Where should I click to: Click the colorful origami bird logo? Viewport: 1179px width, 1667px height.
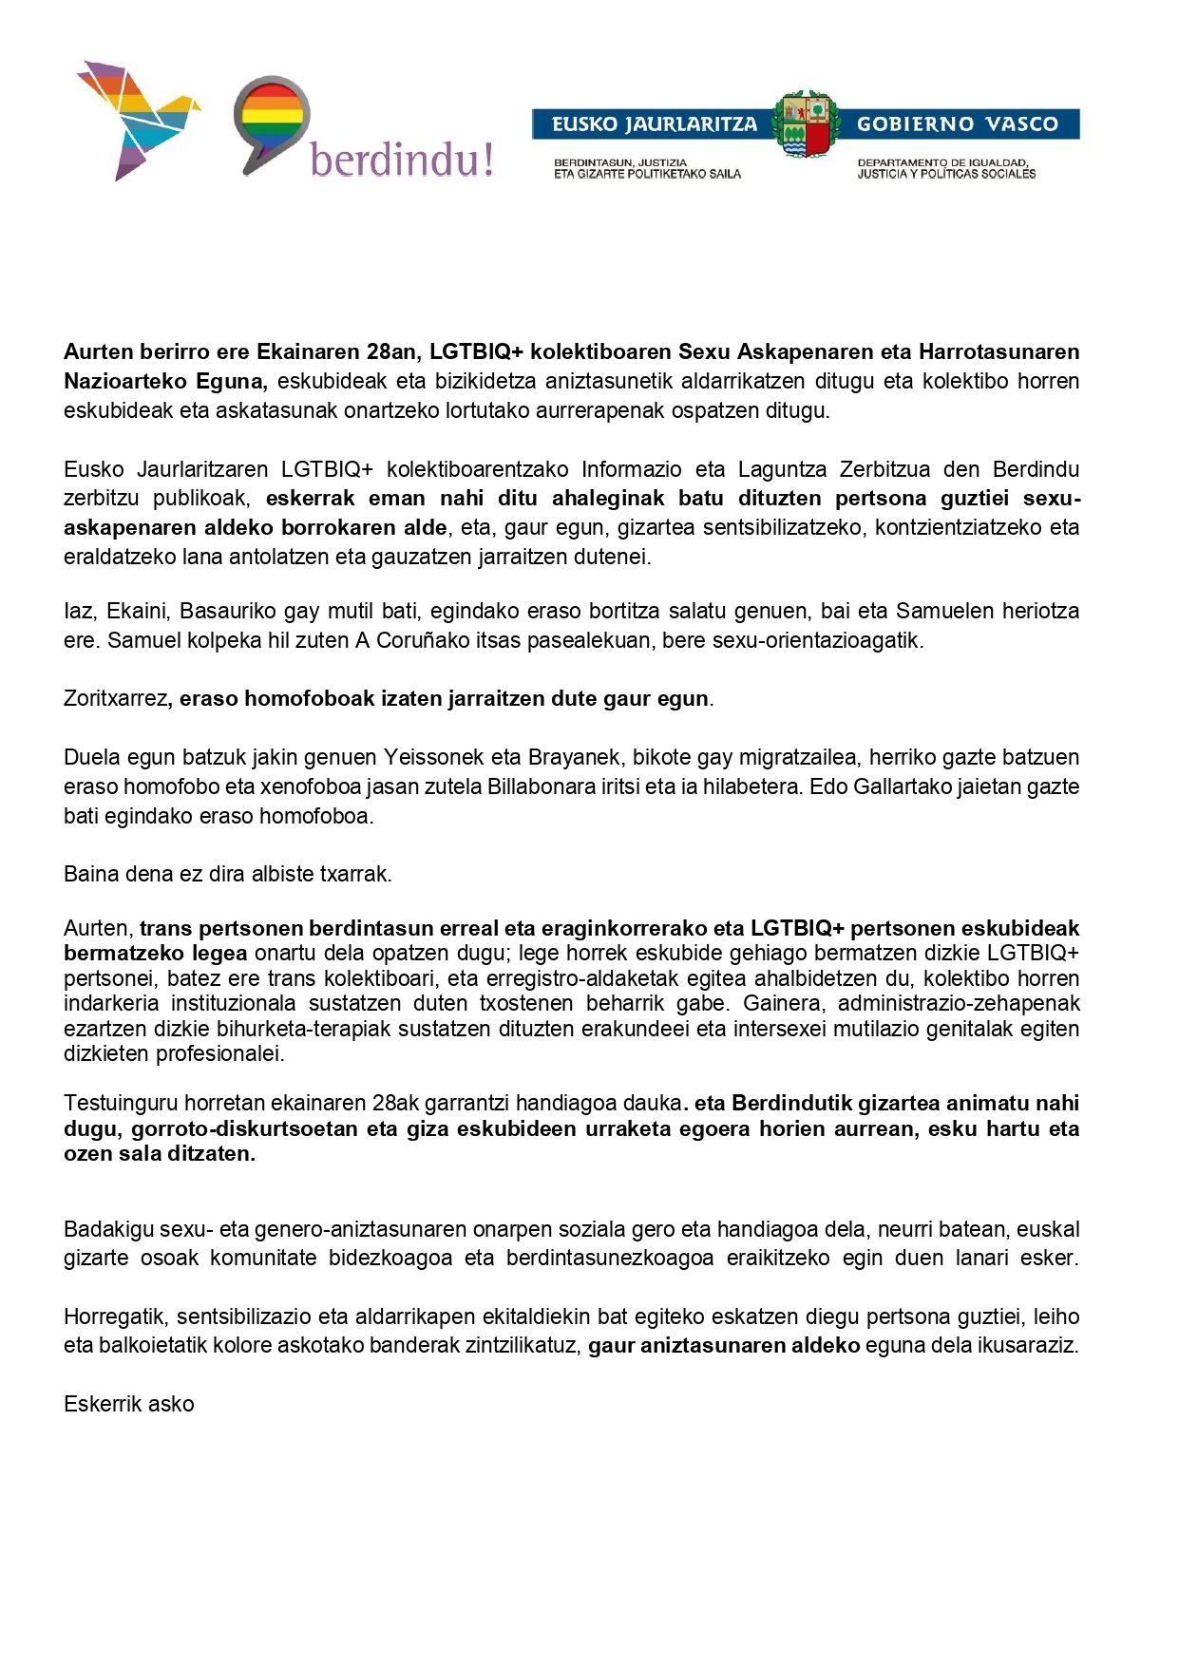coord(136,119)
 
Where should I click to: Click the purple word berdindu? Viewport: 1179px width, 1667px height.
coord(402,160)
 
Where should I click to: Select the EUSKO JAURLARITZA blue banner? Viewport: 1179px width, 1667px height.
coord(654,124)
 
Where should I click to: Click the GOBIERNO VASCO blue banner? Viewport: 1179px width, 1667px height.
coord(958,124)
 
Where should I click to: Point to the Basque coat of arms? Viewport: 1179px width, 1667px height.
coord(806,123)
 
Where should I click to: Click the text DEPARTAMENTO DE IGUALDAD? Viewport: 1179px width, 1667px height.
coord(942,162)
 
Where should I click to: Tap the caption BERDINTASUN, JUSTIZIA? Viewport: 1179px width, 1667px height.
coord(619,162)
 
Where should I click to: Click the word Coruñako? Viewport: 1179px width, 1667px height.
coord(423,641)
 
